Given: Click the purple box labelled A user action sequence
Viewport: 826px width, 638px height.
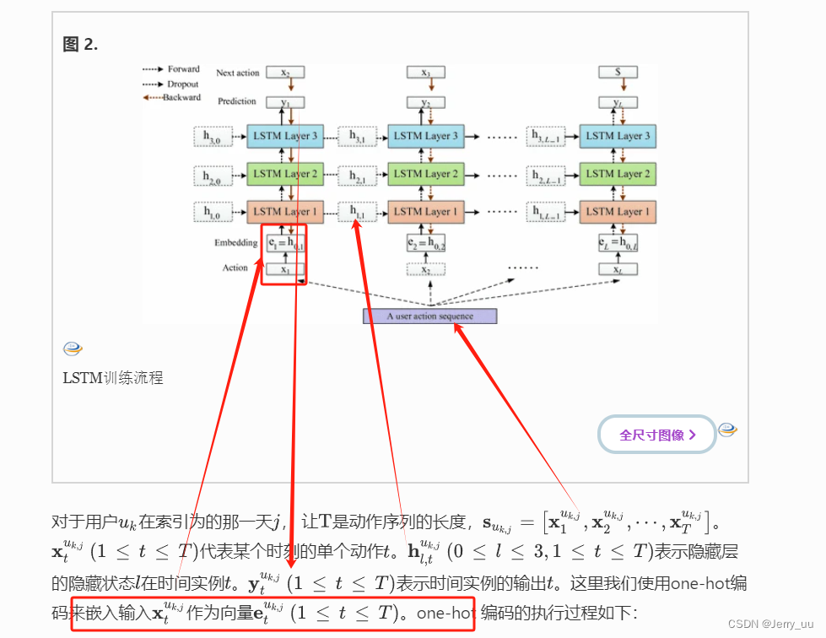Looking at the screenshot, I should tap(429, 316).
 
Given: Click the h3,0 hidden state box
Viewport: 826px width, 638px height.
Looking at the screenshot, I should tap(212, 136).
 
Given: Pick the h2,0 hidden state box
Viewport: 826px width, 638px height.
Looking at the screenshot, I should tap(212, 175).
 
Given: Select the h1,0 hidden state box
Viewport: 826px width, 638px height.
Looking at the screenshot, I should tap(212, 213).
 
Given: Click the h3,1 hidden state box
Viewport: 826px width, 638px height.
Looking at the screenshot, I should tap(357, 136).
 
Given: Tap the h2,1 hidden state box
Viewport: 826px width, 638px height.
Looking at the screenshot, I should tap(357, 175).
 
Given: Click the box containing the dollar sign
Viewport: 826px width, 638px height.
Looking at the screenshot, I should tap(618, 73).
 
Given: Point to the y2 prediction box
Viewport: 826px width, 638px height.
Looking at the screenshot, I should tap(426, 103).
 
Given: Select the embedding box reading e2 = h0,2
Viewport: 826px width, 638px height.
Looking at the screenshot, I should tap(426, 244).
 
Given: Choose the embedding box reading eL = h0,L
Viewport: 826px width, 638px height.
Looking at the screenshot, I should tap(618, 244).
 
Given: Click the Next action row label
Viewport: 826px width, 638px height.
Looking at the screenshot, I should tap(238, 73).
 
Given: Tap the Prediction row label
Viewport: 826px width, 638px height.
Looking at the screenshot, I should tap(236, 101).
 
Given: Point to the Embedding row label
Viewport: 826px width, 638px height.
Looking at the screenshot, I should tap(235, 243).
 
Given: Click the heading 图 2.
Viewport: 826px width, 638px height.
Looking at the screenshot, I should tap(81, 45).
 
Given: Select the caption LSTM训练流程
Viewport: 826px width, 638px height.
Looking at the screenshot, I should tap(113, 378).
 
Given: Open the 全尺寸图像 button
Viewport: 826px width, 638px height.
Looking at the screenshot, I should tap(657, 435).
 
